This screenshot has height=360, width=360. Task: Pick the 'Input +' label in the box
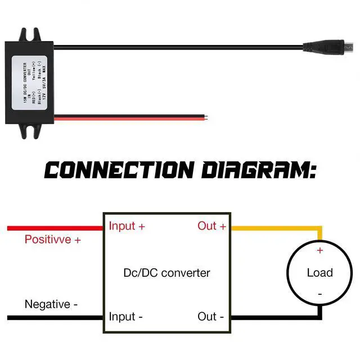(x=127, y=226)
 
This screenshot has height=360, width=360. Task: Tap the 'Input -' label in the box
(x=125, y=317)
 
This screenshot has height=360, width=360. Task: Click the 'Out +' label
(x=211, y=226)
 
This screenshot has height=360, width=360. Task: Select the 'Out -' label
(x=211, y=317)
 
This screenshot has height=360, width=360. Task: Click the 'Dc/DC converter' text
(x=166, y=273)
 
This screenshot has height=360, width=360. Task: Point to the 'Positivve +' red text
(x=53, y=240)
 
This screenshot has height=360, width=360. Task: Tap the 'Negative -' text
(x=51, y=304)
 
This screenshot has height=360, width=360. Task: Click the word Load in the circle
(x=319, y=273)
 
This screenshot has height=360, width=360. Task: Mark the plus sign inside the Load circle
(x=320, y=250)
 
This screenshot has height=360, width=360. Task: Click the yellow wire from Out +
(x=276, y=228)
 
